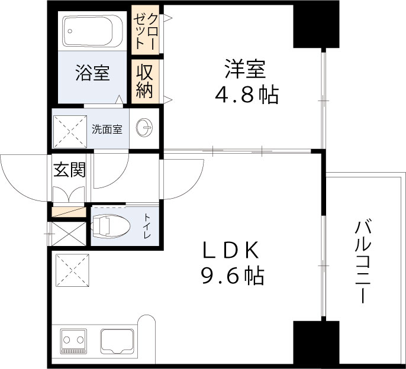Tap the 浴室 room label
pos(92,73)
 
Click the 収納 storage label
pos(146,81)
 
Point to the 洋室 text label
pos(244,70)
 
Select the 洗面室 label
pos(107,128)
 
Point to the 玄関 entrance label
pos(70,170)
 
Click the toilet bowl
pos(112,225)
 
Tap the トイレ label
pos(147,226)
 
